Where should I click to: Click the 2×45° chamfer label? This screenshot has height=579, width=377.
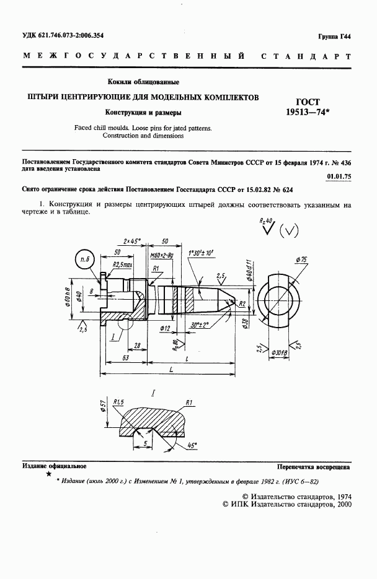click(x=132, y=240)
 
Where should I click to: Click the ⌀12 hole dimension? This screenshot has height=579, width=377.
click(x=164, y=327)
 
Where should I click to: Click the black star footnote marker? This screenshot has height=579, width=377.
click(x=48, y=474)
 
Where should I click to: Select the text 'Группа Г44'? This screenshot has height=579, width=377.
click(x=334, y=37)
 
